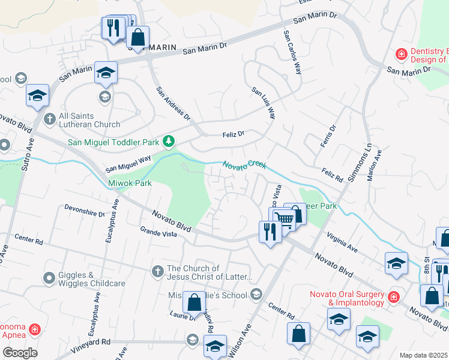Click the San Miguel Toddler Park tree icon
click(x=170, y=142)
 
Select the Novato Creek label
click(x=244, y=165)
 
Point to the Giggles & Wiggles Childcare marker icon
click(x=49, y=278)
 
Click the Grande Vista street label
click(x=158, y=232)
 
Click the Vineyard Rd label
click(x=89, y=341)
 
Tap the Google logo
click(x=19, y=352)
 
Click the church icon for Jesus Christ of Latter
click(x=157, y=271)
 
